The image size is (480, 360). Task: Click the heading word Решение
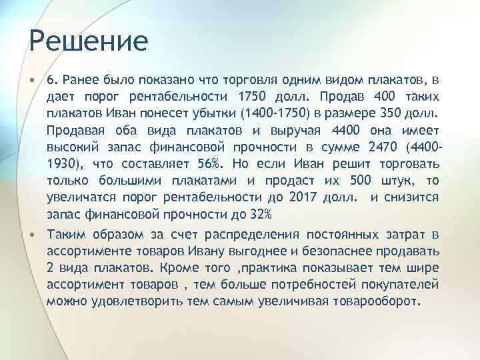tap(88, 41)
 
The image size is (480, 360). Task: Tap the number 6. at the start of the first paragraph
tap(53, 80)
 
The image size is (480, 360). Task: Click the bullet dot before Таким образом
tap(33, 234)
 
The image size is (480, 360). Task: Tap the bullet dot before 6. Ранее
tap(33, 80)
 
